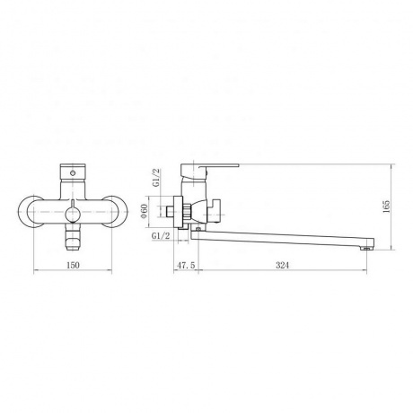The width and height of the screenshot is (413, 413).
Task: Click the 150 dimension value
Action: pyautogui.click(x=73, y=265)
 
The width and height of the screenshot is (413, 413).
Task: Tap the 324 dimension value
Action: pyautogui.click(x=283, y=265)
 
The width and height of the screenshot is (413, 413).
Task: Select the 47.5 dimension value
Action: pyautogui.click(x=186, y=265)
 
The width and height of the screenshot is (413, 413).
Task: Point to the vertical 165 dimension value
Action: pyautogui.click(x=387, y=206)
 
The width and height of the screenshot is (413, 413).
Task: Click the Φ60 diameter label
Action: pyautogui.click(x=145, y=211)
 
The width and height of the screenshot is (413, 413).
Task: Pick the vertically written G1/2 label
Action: pyautogui.click(x=156, y=178)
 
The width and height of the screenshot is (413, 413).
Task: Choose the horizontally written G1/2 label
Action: pyautogui.click(x=161, y=236)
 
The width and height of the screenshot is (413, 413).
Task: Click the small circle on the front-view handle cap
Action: pyautogui.click(x=73, y=172)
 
